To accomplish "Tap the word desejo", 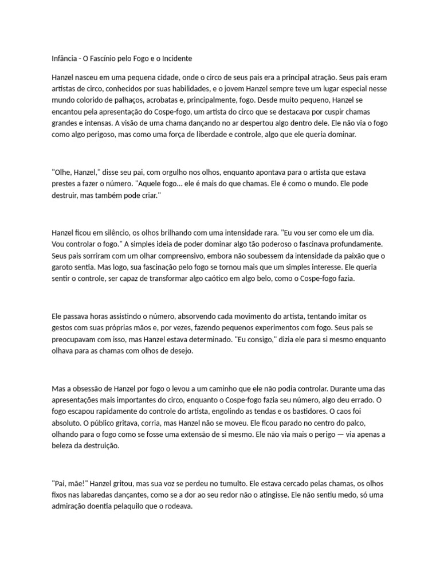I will coord(180,351).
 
